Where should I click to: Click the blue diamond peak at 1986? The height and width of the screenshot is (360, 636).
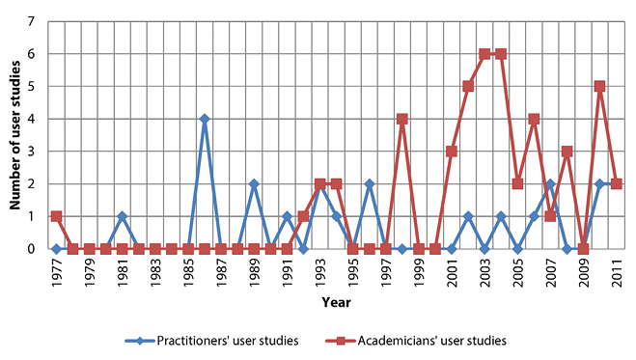tap(205, 119)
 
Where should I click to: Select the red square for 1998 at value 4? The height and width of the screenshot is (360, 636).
tap(401, 119)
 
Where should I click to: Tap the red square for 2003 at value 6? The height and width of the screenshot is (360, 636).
tap(484, 54)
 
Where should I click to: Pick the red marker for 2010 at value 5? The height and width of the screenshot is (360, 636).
tap(599, 87)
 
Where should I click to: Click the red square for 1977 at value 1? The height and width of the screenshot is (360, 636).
tap(56, 216)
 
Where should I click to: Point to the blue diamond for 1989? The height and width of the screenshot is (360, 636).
tap(254, 183)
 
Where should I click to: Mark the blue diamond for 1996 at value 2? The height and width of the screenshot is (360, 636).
tap(369, 183)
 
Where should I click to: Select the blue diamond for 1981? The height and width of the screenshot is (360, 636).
tap(122, 216)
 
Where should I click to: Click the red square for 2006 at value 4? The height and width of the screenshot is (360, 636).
tap(534, 119)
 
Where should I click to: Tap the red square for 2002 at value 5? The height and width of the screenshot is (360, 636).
tap(468, 87)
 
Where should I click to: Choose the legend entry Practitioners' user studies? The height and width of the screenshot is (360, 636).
tap(212, 340)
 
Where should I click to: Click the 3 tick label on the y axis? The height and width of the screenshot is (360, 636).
tap(34, 152)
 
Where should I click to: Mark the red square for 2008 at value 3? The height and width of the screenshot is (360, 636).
tap(567, 152)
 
